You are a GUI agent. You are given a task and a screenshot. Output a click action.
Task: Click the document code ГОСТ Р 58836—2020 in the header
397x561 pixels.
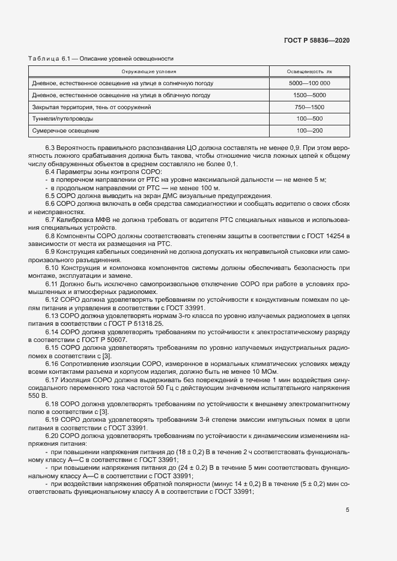click(316, 40)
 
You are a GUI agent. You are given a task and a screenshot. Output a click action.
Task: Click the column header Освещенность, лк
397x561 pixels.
click(309, 71)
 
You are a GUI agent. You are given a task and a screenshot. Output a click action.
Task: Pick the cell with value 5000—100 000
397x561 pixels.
click(309, 83)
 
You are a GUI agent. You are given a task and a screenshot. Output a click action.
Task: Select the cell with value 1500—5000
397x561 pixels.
click(309, 95)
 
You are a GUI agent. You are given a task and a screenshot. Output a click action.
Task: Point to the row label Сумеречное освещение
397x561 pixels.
click(65, 131)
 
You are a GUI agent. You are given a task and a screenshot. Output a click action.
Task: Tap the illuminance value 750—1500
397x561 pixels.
click(309, 107)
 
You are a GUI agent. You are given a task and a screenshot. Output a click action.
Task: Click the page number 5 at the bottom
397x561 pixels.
click(348, 510)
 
